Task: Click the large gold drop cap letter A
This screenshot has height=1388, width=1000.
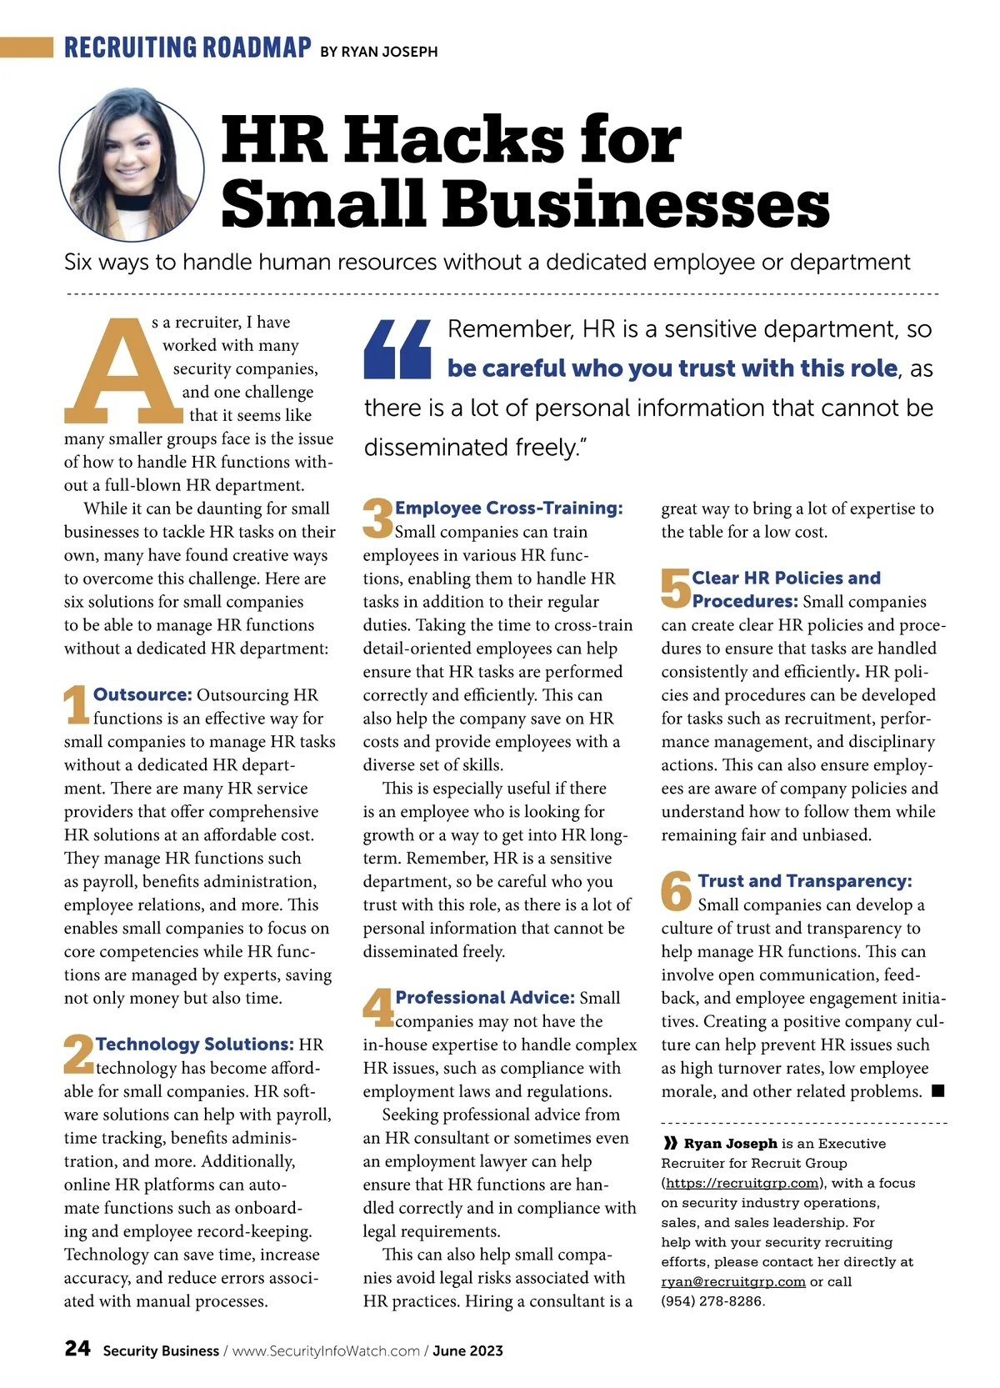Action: (x=123, y=371)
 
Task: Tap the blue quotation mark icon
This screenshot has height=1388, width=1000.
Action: (x=397, y=349)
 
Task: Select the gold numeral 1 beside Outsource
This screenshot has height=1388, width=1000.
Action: (x=76, y=704)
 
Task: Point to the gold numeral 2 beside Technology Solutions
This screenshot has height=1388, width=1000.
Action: (x=78, y=1054)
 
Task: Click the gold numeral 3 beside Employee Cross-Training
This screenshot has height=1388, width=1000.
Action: (x=377, y=518)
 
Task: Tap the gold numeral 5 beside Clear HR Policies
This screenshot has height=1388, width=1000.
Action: (x=676, y=588)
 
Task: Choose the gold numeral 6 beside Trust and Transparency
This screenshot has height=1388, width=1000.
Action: (x=677, y=891)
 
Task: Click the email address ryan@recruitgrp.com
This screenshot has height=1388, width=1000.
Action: (x=733, y=1281)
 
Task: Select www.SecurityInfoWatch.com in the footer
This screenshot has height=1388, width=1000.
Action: (x=326, y=1350)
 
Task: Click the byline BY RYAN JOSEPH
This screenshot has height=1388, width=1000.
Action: (x=379, y=52)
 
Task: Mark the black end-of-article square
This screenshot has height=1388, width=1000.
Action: (x=937, y=1090)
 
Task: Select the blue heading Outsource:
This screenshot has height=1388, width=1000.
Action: (x=142, y=694)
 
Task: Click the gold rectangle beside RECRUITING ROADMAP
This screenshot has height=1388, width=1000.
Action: (x=27, y=47)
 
